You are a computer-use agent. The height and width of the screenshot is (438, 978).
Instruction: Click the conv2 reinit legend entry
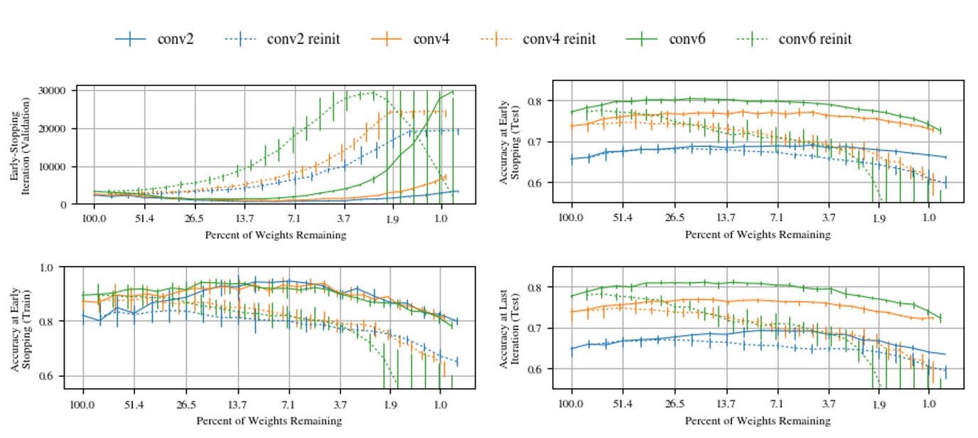coord(303,39)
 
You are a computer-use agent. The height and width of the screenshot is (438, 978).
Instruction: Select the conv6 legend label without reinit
coord(687,39)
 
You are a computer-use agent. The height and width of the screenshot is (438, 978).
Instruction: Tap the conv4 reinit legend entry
coord(559,39)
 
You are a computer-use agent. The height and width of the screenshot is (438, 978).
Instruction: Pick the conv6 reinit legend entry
coord(815,39)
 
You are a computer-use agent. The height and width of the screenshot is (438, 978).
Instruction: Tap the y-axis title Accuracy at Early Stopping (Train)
coord(19,328)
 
